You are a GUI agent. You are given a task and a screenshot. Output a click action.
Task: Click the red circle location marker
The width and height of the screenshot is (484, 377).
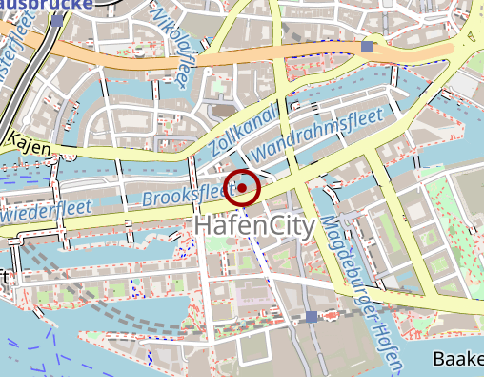point(243,187)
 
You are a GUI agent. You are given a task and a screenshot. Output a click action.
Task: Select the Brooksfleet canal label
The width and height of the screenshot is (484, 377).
point(187,197)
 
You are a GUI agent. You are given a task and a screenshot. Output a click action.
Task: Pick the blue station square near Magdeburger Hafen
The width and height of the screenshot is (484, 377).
point(312,316)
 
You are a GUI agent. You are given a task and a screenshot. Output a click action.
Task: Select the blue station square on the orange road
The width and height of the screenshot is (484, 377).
point(368,46)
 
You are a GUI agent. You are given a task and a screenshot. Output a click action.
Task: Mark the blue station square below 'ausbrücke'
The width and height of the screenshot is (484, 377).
point(58,19)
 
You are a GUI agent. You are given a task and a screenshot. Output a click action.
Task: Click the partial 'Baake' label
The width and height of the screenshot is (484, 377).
point(458,360)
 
